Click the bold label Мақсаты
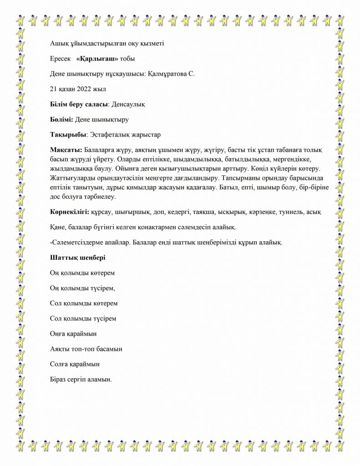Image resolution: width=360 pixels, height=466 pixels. coord(66,150)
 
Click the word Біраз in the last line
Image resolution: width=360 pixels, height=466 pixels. coord(58,379)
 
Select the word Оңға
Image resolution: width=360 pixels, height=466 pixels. coord(58,334)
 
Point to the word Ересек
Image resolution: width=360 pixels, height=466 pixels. coord(60,59)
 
